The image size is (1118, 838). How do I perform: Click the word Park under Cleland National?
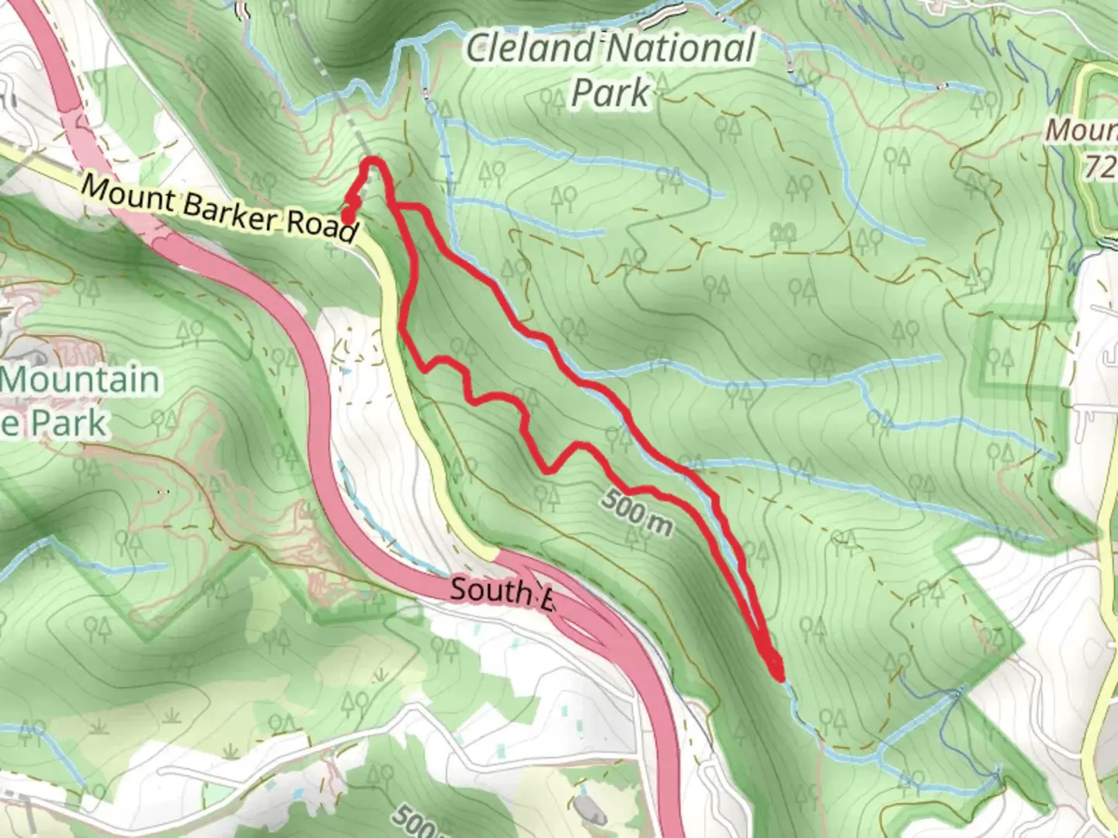pyautogui.click(x=610, y=93)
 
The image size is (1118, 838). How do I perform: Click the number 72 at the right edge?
pyautogui.click(x=1101, y=166)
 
